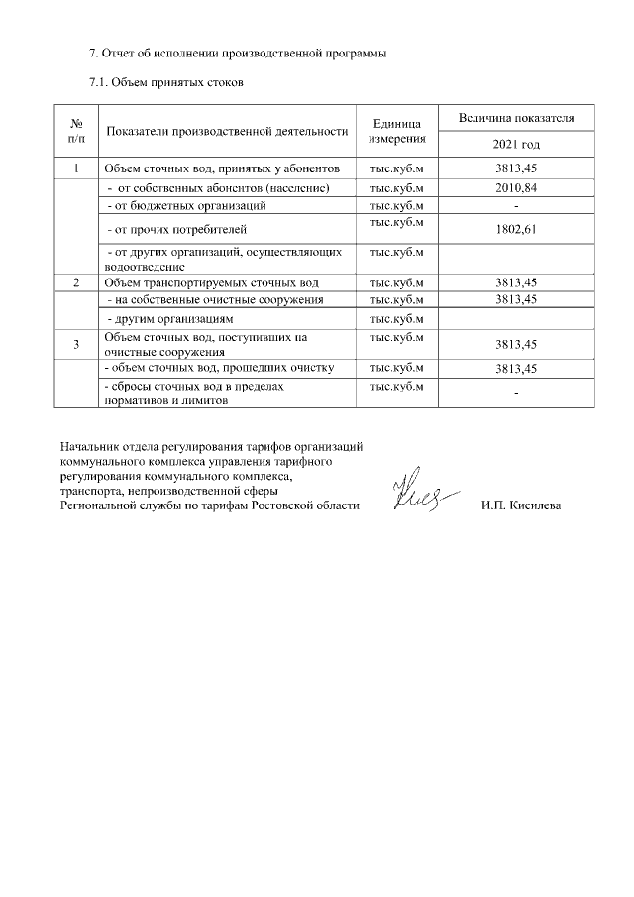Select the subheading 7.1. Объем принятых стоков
click(166, 82)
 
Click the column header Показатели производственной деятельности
click(227, 131)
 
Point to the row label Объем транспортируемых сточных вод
click(211, 282)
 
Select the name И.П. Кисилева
click(520, 506)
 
